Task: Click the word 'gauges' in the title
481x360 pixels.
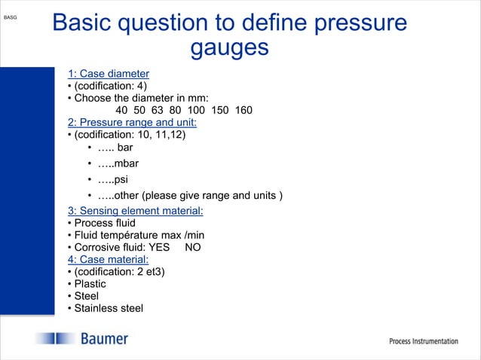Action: pyautogui.click(x=229, y=47)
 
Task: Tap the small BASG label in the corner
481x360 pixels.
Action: pyautogui.click(x=11, y=16)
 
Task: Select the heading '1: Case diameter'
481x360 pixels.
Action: pyautogui.click(x=108, y=74)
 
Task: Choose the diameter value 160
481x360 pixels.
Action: pyautogui.click(x=244, y=111)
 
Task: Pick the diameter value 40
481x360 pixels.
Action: pyautogui.click(x=121, y=111)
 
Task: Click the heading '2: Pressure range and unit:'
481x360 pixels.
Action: pyautogui.click(x=132, y=123)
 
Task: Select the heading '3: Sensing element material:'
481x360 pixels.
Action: pyautogui.click(x=135, y=210)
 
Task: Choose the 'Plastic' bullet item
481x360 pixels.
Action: pyautogui.click(x=90, y=284)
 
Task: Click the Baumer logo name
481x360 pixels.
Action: pyautogui.click(x=104, y=340)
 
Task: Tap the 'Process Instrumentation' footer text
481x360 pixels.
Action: pyautogui.click(x=423, y=341)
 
